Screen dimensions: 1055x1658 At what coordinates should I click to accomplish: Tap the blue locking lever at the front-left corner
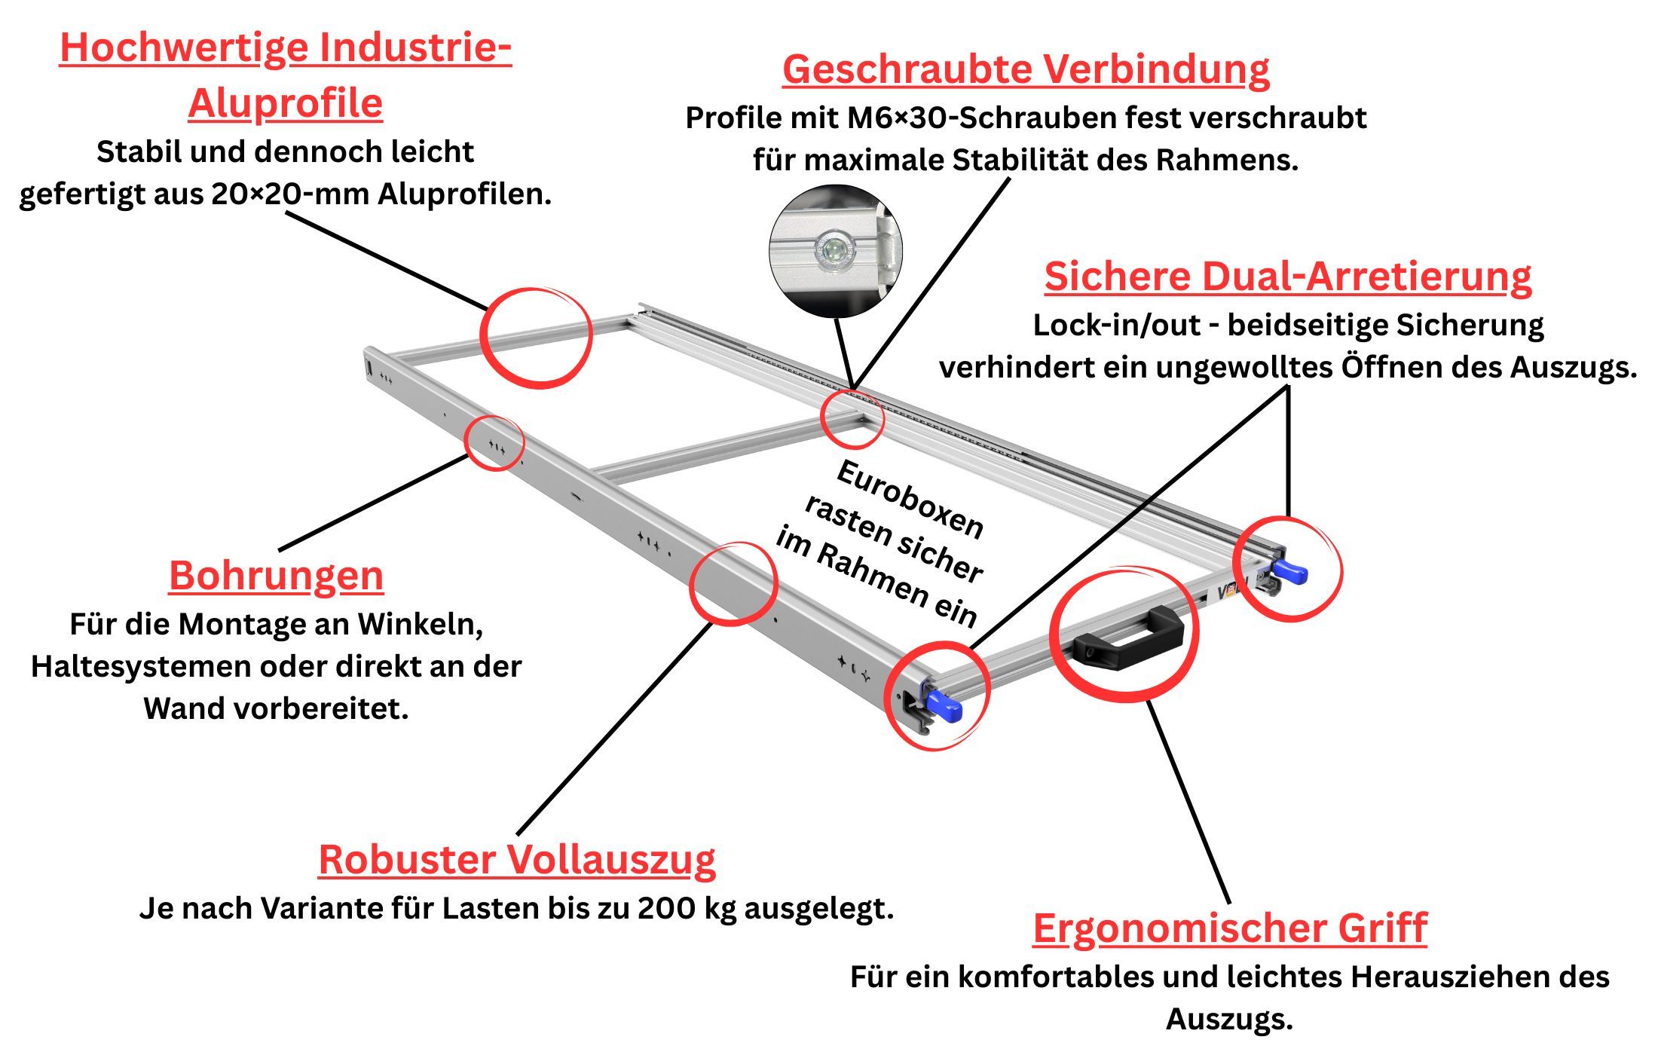943,706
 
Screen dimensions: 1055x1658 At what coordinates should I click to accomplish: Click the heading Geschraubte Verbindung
1026,69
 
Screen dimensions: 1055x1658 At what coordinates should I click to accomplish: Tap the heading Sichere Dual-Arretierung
1287,277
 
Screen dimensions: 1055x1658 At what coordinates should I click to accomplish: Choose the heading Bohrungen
276,576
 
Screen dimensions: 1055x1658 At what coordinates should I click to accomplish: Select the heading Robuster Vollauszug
517,860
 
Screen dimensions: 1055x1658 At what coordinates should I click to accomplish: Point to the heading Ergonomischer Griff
1229,928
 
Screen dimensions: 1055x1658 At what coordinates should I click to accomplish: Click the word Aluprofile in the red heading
286,103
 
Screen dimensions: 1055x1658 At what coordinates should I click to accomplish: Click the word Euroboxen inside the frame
910,499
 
